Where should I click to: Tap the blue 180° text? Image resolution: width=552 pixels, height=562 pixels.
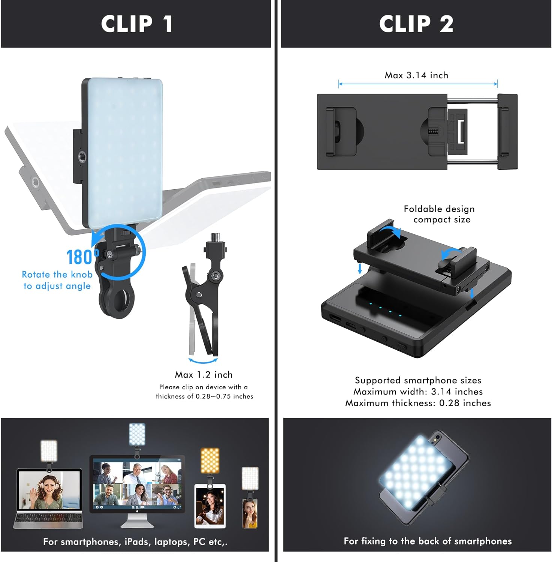coord(82,257)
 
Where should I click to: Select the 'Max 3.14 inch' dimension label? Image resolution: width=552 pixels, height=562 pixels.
coord(416,75)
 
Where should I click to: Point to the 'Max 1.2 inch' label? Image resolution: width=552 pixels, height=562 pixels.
coord(203,375)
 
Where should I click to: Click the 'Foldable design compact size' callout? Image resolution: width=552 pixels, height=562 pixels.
coord(439,214)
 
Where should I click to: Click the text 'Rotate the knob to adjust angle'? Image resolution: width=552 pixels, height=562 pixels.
coord(57,280)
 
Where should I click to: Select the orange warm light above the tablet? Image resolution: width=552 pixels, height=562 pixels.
coord(209,460)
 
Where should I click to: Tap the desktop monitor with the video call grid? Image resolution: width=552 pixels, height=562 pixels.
coord(137,485)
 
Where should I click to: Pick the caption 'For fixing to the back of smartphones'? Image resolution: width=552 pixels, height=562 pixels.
coord(428,541)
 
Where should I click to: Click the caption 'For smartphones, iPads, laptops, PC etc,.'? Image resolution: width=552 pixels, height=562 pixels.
coord(135,542)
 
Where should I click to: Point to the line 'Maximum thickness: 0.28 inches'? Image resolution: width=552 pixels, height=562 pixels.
coord(418,403)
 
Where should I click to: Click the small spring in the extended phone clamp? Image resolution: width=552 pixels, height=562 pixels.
coord(433,132)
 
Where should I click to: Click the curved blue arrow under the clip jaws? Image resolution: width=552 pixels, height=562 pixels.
coord(203,361)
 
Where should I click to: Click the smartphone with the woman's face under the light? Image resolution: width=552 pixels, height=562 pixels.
coord(250,513)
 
